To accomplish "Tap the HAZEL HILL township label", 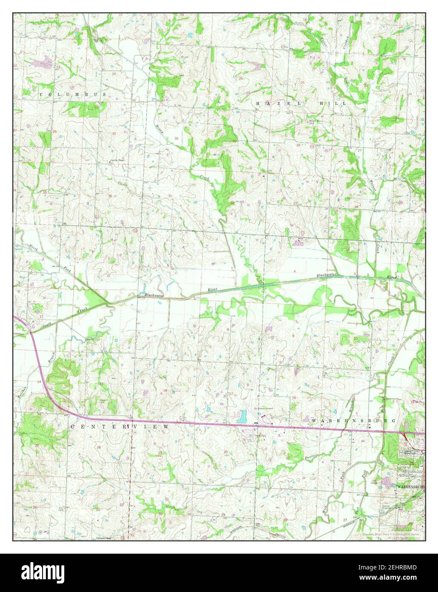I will pos(301,103).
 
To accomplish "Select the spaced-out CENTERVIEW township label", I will pos(120,426).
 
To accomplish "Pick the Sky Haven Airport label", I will pos(263,408).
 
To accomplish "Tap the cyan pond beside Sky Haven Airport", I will pos(243,415).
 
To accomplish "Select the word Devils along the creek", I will pos(310,457).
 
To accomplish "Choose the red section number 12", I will pos(101,319).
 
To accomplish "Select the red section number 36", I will pos(110,196).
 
